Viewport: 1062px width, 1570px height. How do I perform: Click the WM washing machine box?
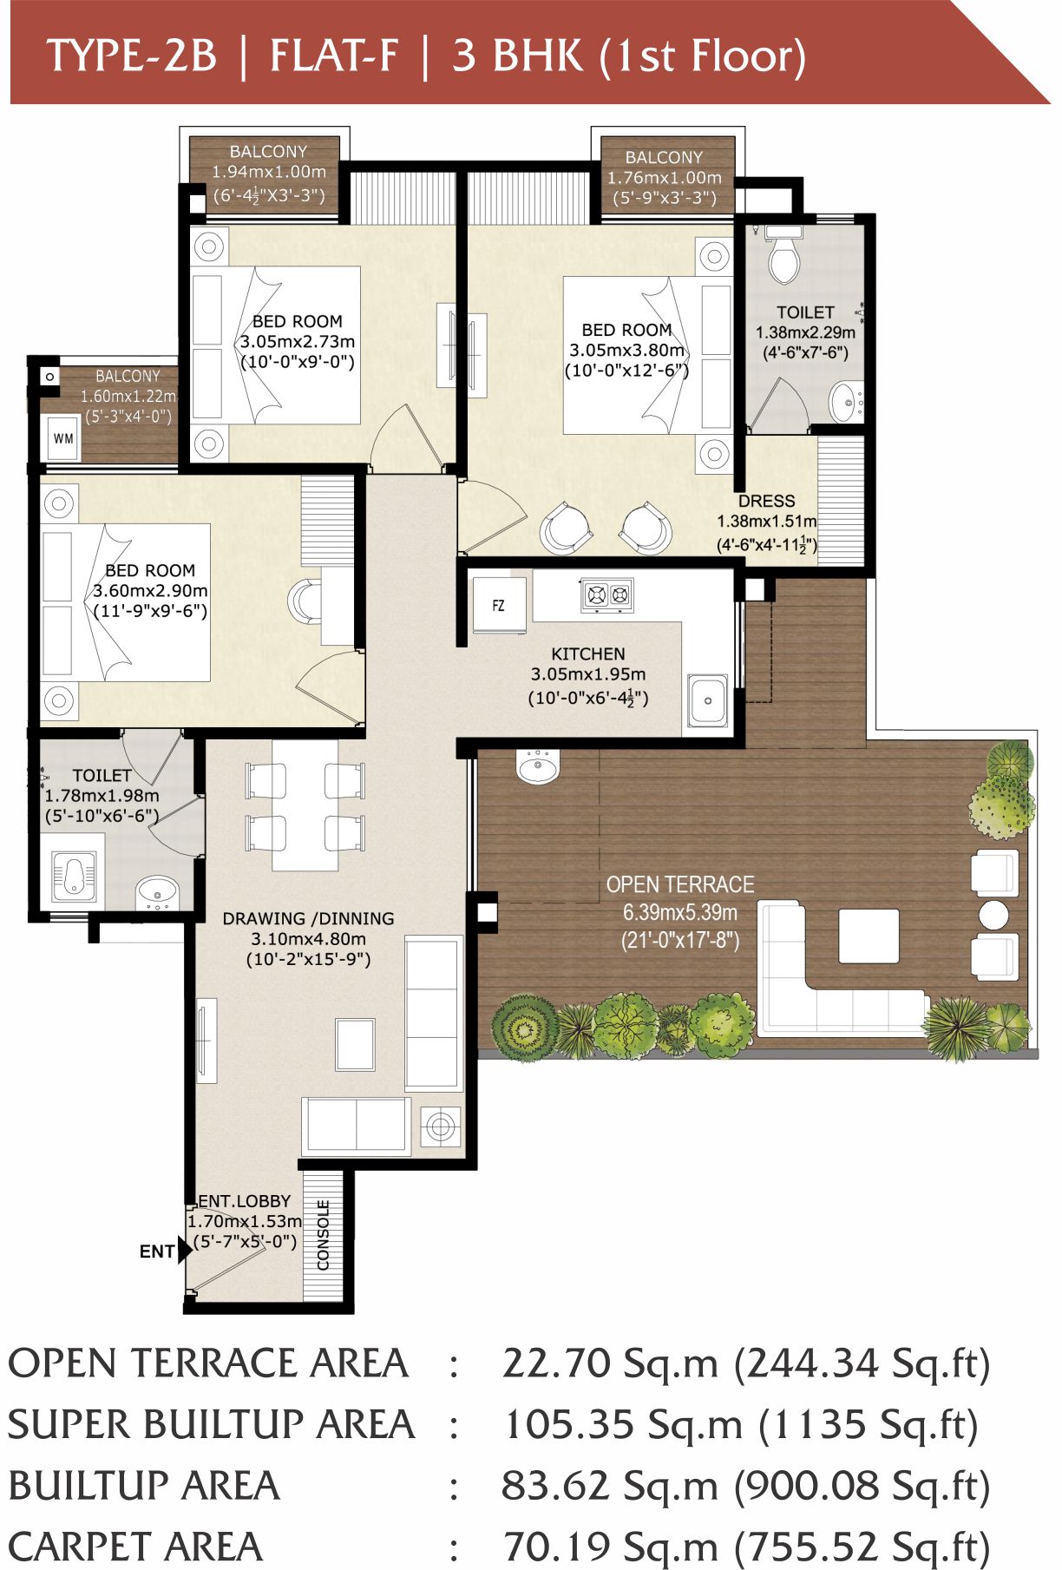point(64,437)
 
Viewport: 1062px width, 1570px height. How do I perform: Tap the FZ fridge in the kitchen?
point(498,605)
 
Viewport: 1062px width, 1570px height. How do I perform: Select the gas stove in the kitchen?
point(607,594)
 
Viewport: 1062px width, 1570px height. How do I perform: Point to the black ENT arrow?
point(185,1251)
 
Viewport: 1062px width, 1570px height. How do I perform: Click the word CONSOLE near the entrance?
point(323,1235)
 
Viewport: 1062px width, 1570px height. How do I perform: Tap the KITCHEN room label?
point(587,654)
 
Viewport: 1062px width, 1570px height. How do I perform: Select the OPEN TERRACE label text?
point(680,884)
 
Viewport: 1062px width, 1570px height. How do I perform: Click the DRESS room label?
point(766,501)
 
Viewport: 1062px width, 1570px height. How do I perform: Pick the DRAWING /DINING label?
point(308,918)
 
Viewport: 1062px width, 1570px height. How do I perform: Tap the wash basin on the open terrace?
point(539,766)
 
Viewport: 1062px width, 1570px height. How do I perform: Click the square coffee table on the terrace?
point(869,936)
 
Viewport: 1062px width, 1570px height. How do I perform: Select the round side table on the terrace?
point(993,915)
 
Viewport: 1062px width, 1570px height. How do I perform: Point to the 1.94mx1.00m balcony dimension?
point(269,172)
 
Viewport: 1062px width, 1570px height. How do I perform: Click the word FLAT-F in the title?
point(334,56)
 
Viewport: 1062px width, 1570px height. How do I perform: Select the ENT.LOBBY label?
point(244,1201)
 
